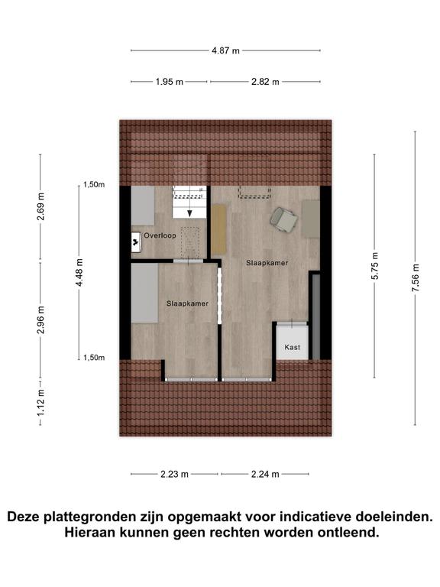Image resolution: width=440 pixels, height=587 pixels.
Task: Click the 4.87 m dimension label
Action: coord(225,50)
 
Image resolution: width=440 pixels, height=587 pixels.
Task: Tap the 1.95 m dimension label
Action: coord(170,82)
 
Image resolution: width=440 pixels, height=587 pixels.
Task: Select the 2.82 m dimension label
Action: coord(265,82)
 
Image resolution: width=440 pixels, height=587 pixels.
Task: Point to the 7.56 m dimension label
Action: coord(416,277)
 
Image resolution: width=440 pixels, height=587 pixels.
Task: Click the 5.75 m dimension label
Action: coord(375,266)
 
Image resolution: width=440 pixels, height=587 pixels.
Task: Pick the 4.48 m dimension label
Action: coord(79,273)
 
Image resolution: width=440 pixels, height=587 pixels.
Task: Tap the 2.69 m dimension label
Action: coord(40,206)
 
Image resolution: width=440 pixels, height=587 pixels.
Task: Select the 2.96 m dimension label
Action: coord(40,319)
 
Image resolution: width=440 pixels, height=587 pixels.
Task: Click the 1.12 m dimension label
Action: coord(40,402)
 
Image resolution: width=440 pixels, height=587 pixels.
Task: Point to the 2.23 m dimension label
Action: coord(174,475)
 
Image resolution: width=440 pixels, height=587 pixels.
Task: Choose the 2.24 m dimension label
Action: coord(265,475)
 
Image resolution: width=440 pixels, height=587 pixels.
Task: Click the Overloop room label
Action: coord(160,236)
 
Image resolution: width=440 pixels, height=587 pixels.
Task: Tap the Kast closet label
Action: coord(293,348)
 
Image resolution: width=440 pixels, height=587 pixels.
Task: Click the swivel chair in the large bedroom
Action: coord(283,219)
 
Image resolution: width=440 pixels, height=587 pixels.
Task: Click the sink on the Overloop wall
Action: coord(135,242)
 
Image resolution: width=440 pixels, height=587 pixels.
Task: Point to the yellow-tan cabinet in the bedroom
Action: coord(219,229)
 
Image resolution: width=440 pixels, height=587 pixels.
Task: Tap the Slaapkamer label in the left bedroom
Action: coord(187,303)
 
